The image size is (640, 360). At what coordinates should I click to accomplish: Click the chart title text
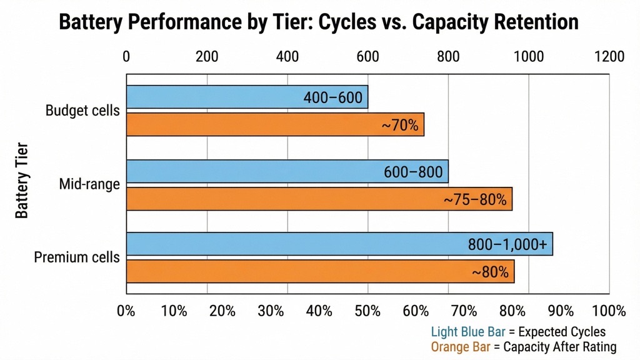click(319, 22)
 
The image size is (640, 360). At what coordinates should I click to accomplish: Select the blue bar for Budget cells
click(247, 97)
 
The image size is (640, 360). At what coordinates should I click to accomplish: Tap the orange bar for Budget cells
click(275, 124)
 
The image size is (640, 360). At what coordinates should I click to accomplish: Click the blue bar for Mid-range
click(287, 171)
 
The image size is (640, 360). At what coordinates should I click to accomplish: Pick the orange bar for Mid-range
click(319, 199)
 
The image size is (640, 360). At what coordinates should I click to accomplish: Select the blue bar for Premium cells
click(339, 244)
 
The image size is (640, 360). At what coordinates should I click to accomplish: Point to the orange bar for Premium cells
click(320, 271)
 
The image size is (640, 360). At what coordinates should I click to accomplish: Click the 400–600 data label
click(332, 98)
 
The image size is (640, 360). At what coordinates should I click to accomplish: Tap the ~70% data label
click(399, 125)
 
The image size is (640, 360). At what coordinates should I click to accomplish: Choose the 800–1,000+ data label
click(507, 244)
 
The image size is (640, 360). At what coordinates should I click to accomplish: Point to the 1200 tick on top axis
click(609, 57)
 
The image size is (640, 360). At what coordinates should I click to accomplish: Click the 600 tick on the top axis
click(367, 57)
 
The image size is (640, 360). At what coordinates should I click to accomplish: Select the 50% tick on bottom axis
click(367, 311)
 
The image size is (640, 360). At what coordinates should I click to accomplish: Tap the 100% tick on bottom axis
click(607, 311)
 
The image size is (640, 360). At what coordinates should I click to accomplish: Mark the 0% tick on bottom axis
click(127, 311)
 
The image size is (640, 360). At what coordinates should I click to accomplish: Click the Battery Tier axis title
click(22, 181)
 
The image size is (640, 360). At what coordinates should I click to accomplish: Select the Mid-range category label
click(89, 184)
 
